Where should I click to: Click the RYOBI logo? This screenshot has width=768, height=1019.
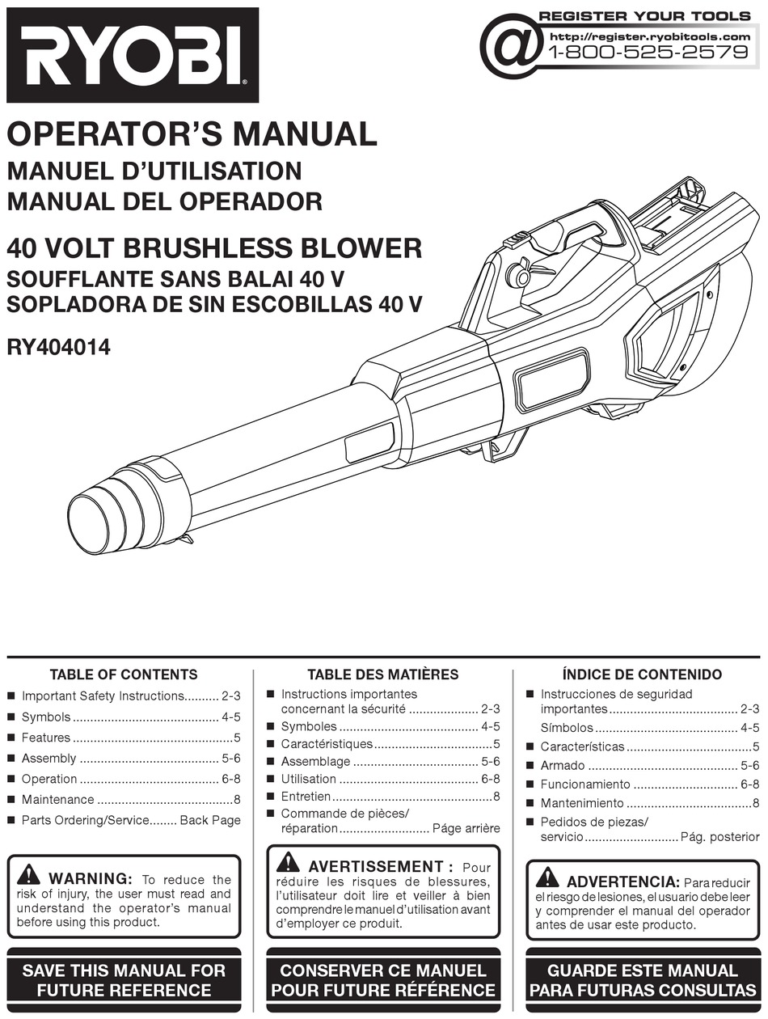click(132, 55)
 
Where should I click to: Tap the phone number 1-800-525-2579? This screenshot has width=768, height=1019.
click(649, 53)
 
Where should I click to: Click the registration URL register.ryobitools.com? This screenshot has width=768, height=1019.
click(649, 36)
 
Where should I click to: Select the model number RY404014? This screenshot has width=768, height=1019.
click(58, 349)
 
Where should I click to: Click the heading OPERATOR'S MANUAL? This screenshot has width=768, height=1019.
click(192, 134)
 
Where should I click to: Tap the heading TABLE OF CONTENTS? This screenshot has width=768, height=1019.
click(124, 674)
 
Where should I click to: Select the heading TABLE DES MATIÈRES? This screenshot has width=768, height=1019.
click(382, 674)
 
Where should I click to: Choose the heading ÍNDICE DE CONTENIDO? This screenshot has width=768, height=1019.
click(642, 674)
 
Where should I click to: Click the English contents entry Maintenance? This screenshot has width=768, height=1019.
click(57, 800)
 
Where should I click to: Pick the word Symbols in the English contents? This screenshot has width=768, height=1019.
click(46, 717)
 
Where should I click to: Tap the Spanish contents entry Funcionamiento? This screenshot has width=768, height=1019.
click(584, 784)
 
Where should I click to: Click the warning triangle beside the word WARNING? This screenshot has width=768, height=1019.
click(28, 874)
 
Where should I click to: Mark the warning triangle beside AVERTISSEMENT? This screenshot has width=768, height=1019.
click(288, 863)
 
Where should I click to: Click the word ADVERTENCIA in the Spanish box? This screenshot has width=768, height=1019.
click(622, 882)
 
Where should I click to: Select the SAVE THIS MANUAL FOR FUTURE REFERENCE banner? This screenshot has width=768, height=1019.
click(124, 980)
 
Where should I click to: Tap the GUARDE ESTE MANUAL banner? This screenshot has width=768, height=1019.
click(643, 980)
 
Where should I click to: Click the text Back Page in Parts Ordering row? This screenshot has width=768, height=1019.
click(210, 820)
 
